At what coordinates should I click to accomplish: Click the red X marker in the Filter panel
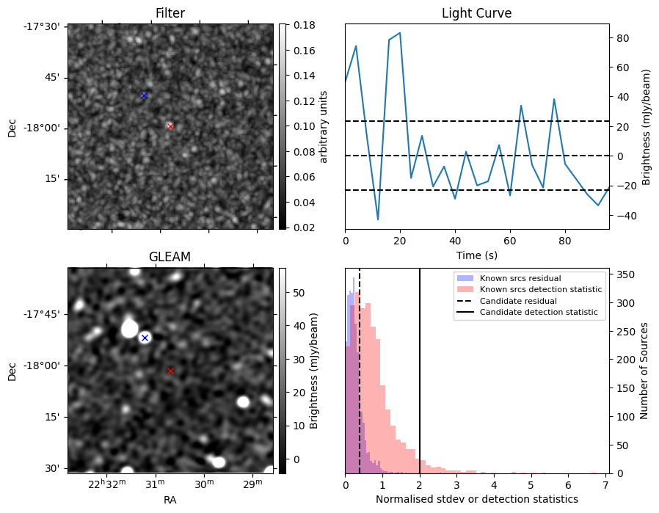coord(170,126)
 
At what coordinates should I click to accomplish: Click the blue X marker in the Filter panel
coord(144,96)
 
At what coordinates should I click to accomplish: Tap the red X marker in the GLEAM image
coord(170,371)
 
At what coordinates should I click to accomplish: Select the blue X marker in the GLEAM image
coord(145,338)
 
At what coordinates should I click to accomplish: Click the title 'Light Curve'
coord(476,13)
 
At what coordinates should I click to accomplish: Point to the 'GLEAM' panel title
coord(170,257)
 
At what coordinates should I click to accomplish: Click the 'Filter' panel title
coord(170,13)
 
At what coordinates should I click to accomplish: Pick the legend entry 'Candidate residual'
coord(518,301)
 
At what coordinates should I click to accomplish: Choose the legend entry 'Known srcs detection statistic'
coord(541,289)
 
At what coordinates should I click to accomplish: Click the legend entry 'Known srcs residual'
coord(520,278)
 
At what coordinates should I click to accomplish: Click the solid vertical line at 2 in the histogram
coord(420,371)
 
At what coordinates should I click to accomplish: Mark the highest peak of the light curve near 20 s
coord(400,32)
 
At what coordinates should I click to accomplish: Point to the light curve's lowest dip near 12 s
coord(378,219)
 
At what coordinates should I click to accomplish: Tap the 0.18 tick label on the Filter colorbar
coord(305,25)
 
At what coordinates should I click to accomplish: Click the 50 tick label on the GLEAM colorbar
coord(299,293)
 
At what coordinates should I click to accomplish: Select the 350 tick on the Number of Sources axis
coord(625,274)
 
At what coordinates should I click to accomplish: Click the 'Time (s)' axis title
coord(476,255)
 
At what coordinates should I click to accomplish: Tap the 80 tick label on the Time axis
coord(565,241)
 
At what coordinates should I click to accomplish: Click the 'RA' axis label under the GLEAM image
coord(170,500)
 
